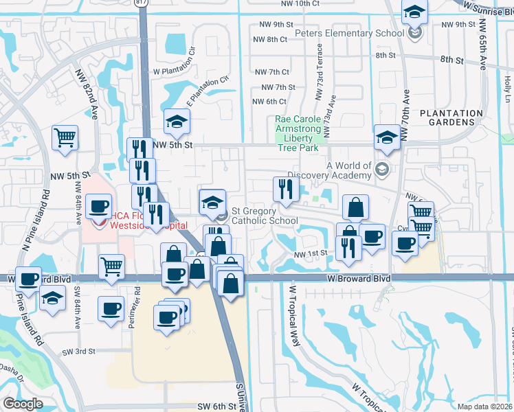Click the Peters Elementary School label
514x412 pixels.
point(349,34)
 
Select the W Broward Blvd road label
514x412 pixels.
point(359,279)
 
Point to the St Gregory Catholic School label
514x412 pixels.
point(264,216)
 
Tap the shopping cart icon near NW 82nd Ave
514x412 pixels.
point(65,137)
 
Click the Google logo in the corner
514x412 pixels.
point(23,404)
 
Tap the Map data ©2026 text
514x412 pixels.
point(489,407)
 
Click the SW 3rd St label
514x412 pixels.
point(94,351)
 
